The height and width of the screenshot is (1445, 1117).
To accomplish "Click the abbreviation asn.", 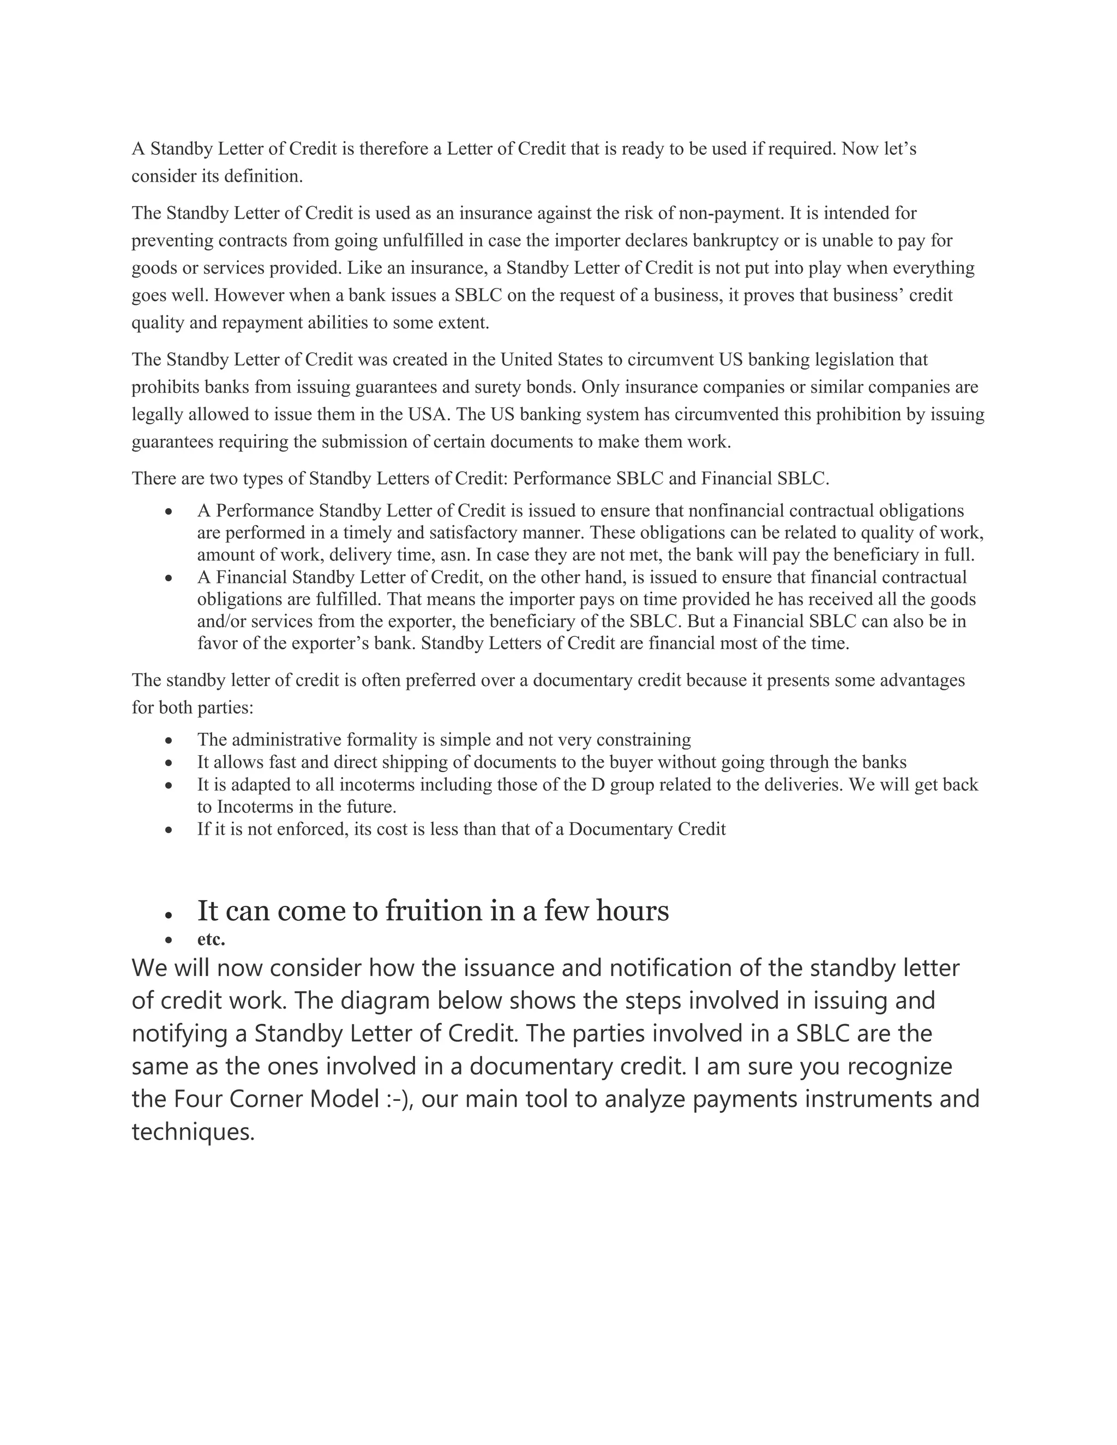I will coord(455,555).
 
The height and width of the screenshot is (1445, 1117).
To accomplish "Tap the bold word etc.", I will coord(211,939).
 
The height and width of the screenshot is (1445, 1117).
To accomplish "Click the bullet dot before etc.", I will coord(170,940).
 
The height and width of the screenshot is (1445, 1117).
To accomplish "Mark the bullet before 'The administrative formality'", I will coord(170,740).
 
